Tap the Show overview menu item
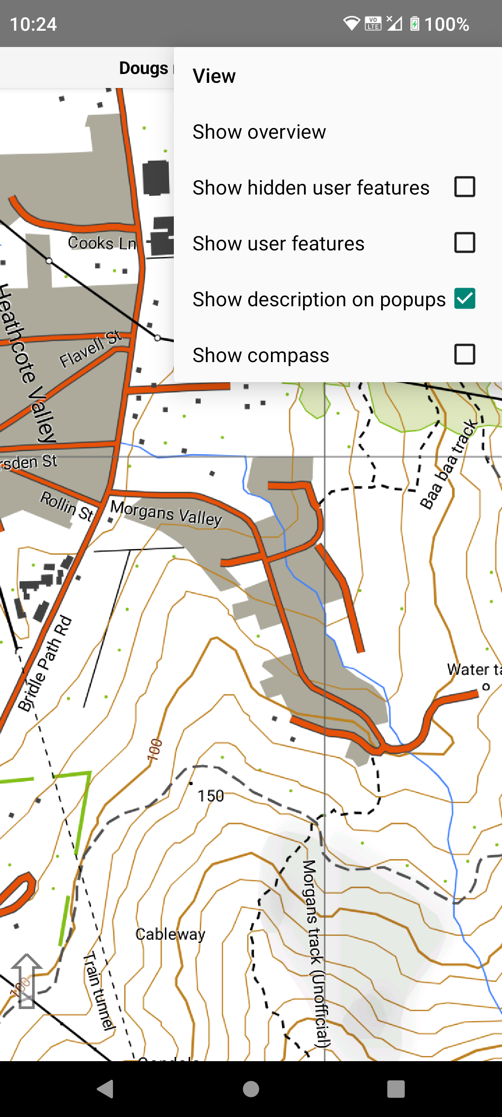coord(259,132)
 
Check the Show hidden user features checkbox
coord(464,187)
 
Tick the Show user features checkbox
coord(464,243)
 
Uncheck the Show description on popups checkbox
coord(464,299)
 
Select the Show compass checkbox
coord(464,355)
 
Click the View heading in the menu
coord(214,76)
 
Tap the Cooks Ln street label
coord(102,243)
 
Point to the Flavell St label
coord(90,349)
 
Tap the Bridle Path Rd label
coord(45,664)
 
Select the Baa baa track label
coord(449,464)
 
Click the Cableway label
coord(170,934)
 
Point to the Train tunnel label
coord(99,989)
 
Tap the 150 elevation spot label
coord(211,796)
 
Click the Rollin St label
coord(67,505)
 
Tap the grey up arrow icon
coord(26,980)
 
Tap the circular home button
coord(251,1089)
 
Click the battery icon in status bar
coord(415,24)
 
